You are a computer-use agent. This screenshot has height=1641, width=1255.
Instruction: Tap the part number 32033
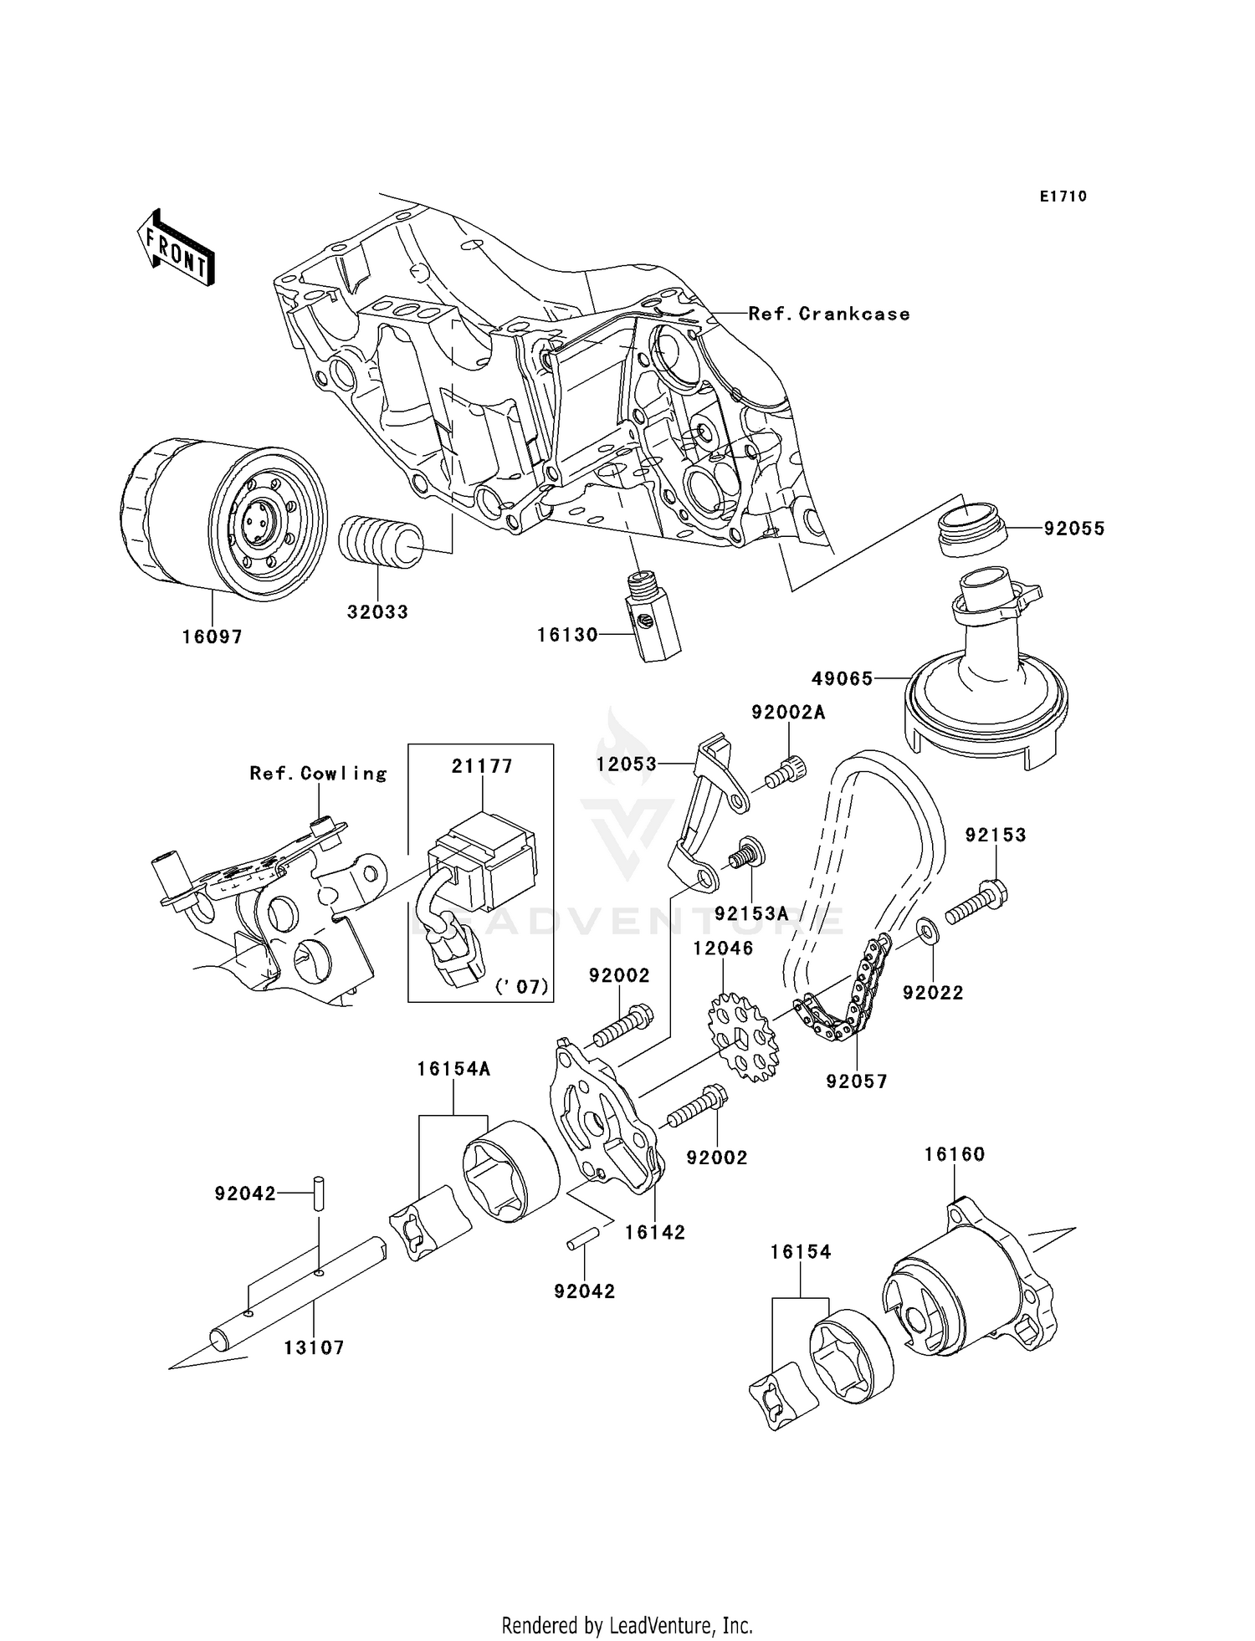pyautogui.click(x=378, y=612)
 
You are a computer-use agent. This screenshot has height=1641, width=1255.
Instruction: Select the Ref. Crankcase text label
pyautogui.click(x=828, y=314)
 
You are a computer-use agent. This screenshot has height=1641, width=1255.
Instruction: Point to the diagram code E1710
pyautogui.click(x=1063, y=197)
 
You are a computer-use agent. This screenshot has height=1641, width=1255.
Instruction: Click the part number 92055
pyautogui.click(x=1074, y=529)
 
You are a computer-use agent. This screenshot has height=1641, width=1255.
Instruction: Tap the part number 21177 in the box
pyautogui.click(x=482, y=766)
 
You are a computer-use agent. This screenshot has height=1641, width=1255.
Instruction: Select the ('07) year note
pyautogui.click(x=524, y=987)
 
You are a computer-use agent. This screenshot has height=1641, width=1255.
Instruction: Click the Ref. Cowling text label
pyautogui.click(x=319, y=774)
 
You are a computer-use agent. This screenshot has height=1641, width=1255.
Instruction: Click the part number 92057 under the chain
pyautogui.click(x=857, y=1081)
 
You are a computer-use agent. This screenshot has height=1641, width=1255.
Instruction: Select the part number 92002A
pyautogui.click(x=788, y=713)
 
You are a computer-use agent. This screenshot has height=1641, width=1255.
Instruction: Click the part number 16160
pyautogui.click(x=955, y=1154)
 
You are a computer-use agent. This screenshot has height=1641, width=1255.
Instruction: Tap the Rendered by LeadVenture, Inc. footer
pyautogui.click(x=627, y=1625)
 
